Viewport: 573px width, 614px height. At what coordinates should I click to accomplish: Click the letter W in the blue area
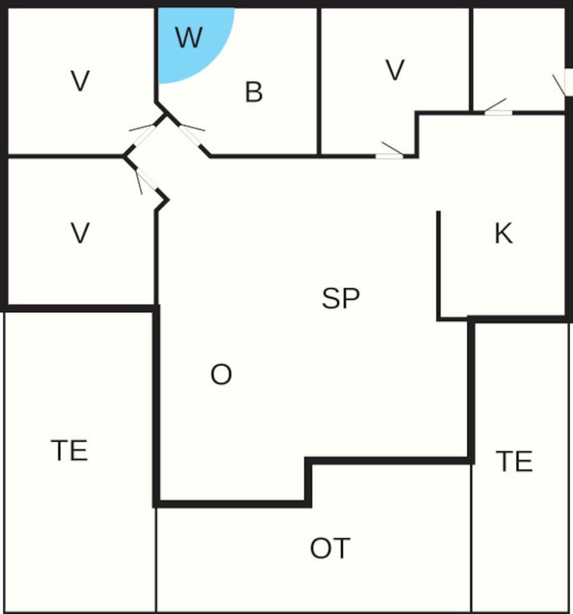click(x=189, y=38)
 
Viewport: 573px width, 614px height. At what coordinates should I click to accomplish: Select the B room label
click(x=254, y=93)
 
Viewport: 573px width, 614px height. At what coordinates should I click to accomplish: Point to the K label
click(x=503, y=234)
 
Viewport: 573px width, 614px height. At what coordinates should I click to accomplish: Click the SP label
click(x=341, y=298)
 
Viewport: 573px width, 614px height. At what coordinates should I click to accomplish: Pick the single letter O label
click(x=221, y=375)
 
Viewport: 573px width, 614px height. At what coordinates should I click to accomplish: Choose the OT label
click(x=330, y=548)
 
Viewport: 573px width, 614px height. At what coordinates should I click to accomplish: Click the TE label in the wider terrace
click(x=69, y=450)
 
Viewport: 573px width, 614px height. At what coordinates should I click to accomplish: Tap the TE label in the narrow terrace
click(x=514, y=462)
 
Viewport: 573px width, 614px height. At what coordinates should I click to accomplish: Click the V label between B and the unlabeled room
click(x=395, y=70)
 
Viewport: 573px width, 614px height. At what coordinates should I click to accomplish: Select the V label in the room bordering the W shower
click(x=80, y=81)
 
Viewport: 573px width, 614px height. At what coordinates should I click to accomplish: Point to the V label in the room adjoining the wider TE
click(x=80, y=233)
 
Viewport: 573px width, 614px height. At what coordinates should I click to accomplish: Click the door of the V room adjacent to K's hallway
click(x=389, y=156)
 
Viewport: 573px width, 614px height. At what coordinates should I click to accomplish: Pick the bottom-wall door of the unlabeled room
click(x=498, y=112)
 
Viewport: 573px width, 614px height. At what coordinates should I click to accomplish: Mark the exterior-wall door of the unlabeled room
click(x=568, y=82)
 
